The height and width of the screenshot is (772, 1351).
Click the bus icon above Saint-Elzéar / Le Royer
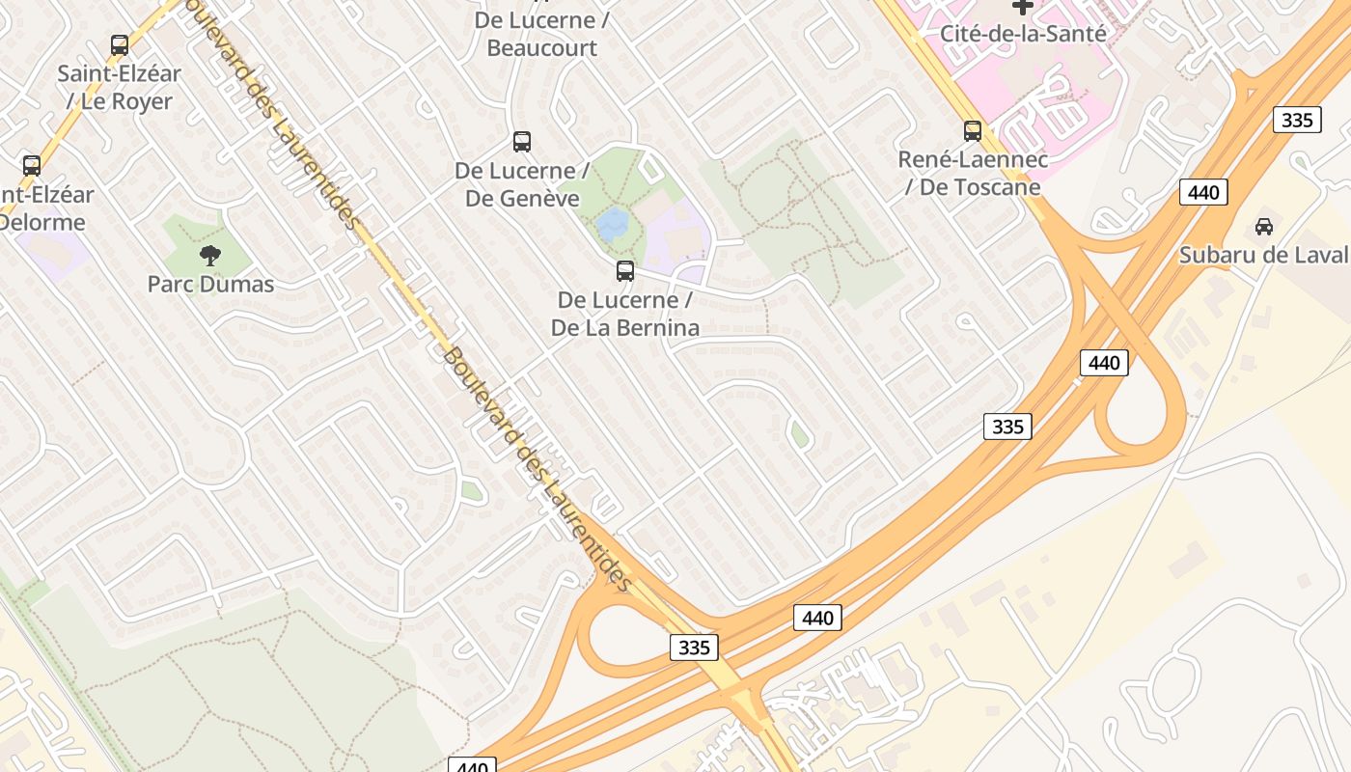tap(120, 45)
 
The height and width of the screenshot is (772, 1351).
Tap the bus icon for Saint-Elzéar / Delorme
tap(32, 165)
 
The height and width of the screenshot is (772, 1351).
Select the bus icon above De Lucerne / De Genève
tap(522, 142)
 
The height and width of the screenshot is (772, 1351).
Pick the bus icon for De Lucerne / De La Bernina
tap(625, 271)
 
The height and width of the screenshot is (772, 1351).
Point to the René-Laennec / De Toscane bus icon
tap(973, 131)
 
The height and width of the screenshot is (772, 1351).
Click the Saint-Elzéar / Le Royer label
tap(120, 87)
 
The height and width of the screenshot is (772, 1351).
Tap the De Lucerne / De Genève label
tap(522, 185)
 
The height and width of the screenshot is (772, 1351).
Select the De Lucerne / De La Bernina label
tap(625, 314)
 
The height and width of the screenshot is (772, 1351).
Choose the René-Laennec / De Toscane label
tap(973, 173)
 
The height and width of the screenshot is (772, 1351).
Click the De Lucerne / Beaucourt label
tap(541, 34)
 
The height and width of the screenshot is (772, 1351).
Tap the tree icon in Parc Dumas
tap(210, 256)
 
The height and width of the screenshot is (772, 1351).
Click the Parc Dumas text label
tap(210, 285)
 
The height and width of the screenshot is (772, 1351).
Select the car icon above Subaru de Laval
tap(1263, 227)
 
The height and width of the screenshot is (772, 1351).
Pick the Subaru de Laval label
tap(1263, 256)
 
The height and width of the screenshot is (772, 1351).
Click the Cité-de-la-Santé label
tap(1023, 34)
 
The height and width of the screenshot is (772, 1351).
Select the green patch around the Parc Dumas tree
tap(183, 241)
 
